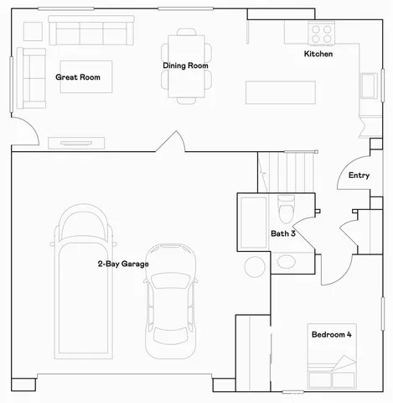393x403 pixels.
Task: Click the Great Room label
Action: click(78, 77)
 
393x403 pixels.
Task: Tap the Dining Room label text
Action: click(185, 65)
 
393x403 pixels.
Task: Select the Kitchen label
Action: click(318, 55)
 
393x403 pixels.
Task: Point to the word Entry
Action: click(359, 175)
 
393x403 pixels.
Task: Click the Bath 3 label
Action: click(282, 233)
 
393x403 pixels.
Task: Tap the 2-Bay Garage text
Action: click(122, 264)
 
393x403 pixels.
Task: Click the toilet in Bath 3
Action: click(286, 206)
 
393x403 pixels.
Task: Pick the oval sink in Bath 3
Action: click(286, 261)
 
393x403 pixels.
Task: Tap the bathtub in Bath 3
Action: click(252, 222)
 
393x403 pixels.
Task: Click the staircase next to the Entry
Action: click(286, 171)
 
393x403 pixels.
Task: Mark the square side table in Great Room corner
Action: click(32, 30)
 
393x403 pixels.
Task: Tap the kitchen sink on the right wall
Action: click(368, 87)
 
